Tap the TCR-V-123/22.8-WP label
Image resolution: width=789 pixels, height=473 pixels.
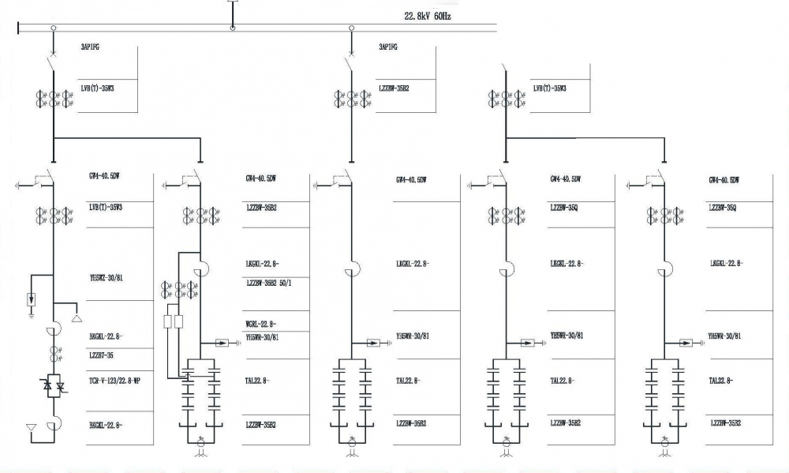point(114,381)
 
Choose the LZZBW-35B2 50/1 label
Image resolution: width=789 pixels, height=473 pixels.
point(269,283)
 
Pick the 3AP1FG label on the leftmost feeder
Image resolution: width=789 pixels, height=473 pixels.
point(90,47)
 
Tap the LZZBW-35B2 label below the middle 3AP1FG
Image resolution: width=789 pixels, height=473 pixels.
point(393,89)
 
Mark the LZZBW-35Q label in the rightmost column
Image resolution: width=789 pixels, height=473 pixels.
point(723,208)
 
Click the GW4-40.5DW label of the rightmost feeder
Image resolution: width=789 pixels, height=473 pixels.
point(724,180)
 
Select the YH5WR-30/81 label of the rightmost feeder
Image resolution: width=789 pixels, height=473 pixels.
point(724,336)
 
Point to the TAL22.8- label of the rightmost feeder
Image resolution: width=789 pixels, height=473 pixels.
point(721,380)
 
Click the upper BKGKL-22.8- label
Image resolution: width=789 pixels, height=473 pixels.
point(106,336)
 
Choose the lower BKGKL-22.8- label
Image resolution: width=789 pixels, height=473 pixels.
point(106,425)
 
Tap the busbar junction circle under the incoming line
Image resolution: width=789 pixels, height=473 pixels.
point(233,29)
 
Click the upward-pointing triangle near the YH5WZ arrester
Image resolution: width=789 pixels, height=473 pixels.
point(77,319)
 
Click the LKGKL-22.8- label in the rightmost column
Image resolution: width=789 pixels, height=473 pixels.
point(726,263)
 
